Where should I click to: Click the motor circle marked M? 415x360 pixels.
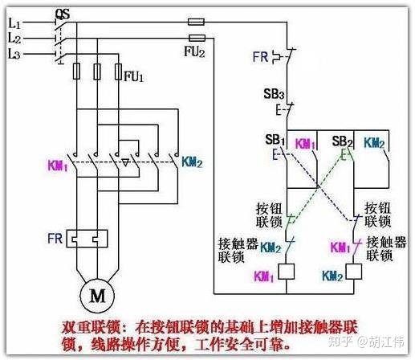[97, 295]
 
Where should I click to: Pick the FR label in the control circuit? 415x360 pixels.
[260, 57]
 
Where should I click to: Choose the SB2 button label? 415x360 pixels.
[343, 141]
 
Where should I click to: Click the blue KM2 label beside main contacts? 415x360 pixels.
[192, 162]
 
